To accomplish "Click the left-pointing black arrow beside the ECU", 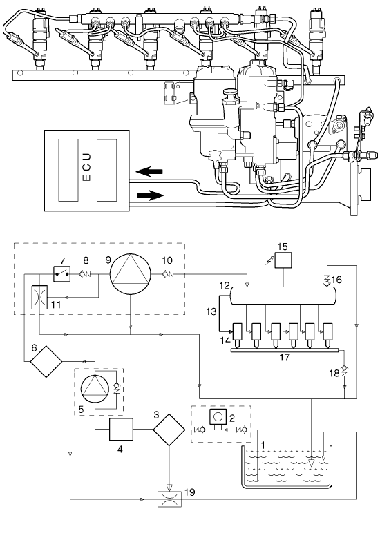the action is point(149,171).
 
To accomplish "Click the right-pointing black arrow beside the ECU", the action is point(151,195).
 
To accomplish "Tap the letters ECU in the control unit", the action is point(87,166).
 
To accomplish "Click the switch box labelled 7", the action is point(62,273).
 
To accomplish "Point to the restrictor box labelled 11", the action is point(39,297).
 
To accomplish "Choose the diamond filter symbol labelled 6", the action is point(46,361).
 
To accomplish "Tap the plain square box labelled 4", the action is point(121,429).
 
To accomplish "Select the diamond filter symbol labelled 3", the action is point(169,430).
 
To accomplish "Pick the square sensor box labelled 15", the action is point(283,260).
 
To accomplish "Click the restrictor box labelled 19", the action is point(169,499).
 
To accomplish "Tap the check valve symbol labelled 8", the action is point(85,274).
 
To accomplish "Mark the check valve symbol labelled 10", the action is point(168,274).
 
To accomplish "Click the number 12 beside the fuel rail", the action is point(225,285).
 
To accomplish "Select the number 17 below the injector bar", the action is point(285,358).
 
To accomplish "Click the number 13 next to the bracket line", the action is point(211,311).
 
